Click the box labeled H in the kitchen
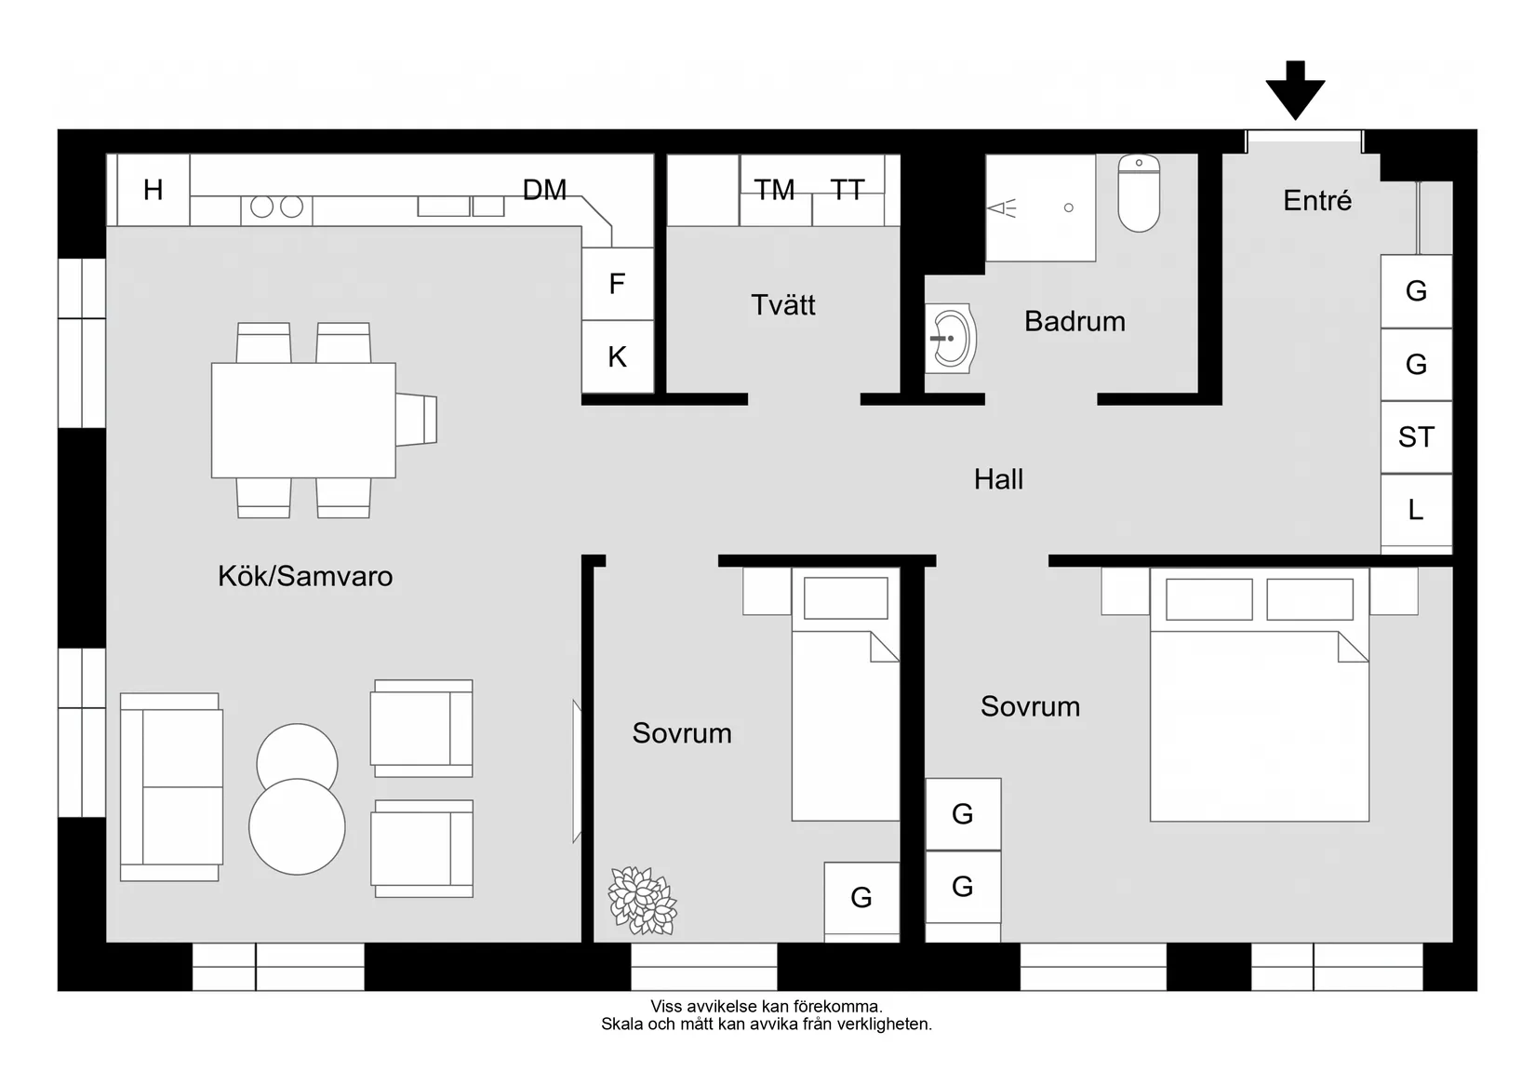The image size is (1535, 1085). tap(153, 191)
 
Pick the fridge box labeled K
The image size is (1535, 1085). tap(617, 357)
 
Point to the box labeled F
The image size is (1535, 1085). tap(617, 285)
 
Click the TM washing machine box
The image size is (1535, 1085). tap(775, 191)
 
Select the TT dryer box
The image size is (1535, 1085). tap(847, 191)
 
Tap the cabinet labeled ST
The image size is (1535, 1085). tap(1416, 437)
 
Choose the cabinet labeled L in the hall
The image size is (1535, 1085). tap(1416, 510)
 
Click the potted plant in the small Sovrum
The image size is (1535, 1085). tap(642, 900)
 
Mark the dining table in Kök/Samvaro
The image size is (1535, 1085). tap(303, 421)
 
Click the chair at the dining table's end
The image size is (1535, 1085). tap(417, 420)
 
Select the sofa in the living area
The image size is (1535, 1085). tap(170, 787)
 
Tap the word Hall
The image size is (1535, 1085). tap(998, 479)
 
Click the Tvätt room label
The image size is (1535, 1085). tap(782, 305)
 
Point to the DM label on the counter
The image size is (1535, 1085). tap(544, 191)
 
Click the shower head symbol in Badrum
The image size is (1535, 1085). tap(1003, 208)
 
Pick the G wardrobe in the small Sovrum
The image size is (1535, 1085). tap(861, 898)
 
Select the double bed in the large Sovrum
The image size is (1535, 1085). tap(1259, 707)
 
